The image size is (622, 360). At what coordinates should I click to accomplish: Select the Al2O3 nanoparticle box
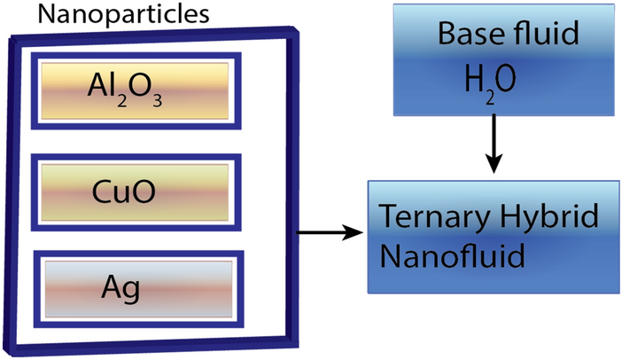pos(133,85)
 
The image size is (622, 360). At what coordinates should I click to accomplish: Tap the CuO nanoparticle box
pos(133,189)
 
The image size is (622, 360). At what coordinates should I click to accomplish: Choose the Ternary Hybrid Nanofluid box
pos(494,237)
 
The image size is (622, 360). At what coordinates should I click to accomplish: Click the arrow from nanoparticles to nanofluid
pos(329,233)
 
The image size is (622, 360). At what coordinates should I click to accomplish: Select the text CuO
pos(130,190)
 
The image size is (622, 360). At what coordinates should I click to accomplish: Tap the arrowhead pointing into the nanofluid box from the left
pos(356,233)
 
